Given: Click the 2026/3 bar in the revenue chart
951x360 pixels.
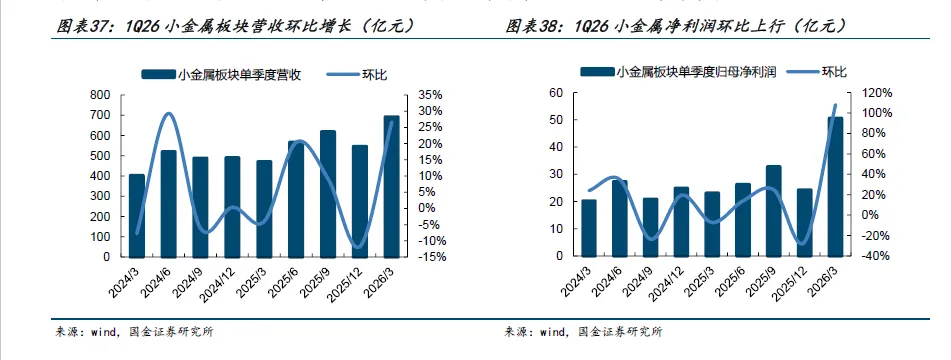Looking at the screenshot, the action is coord(391,186).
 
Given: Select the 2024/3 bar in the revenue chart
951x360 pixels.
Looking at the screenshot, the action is coord(136,215).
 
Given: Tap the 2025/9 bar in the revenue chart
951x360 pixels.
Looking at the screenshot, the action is coord(328,193).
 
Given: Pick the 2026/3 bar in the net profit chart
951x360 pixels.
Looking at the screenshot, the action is coord(835,186).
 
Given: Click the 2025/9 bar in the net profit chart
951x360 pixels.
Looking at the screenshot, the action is coord(773,210).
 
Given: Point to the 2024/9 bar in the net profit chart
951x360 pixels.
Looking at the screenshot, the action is coord(650,227).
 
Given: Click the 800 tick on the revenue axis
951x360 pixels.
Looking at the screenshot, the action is coord(101,95).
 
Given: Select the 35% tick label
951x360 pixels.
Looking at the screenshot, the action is coord(431,95).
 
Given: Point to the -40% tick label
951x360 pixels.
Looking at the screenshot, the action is coord(876,256).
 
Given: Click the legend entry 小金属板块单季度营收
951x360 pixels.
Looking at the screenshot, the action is coord(221,75).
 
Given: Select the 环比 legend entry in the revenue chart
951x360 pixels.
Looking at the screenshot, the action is coord(357,75).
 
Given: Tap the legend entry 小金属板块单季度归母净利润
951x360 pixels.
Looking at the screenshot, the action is coord(678,72).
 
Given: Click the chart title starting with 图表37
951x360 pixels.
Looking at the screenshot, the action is coord(236,26).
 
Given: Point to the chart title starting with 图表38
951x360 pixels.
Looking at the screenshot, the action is coord(676,26).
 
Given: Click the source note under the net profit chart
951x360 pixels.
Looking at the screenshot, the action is coord(583,332).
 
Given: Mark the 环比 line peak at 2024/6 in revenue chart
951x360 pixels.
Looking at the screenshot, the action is coord(169,113).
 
